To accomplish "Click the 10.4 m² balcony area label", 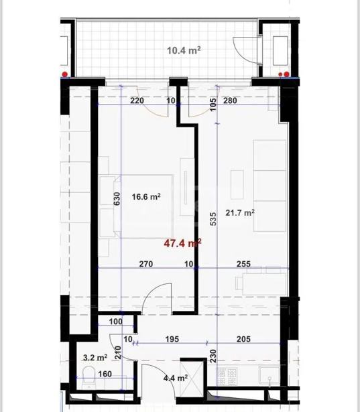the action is click(184, 50).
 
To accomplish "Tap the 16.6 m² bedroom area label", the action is click(146, 196).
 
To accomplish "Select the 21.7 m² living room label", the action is click(240, 212).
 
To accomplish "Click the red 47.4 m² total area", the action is click(182, 243).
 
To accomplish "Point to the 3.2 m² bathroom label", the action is click(95, 357).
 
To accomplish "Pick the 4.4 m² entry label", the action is click(176, 378).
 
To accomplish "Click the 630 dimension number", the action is click(117, 199).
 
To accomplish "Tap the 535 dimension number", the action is click(214, 219).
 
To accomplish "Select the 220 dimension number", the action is click(137, 100).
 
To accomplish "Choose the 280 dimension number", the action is click(230, 100).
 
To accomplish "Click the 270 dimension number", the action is click(146, 263).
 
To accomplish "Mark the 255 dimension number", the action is click(243, 263).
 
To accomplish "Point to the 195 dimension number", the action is click(172, 339).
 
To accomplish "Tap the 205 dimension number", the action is click(243, 339).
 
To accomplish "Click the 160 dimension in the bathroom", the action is click(105, 374).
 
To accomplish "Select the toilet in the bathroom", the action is click(88, 378).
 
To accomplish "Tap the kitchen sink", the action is click(269, 374).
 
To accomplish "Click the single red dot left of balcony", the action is click(64, 74).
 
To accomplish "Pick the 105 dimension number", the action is click(214, 105).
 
